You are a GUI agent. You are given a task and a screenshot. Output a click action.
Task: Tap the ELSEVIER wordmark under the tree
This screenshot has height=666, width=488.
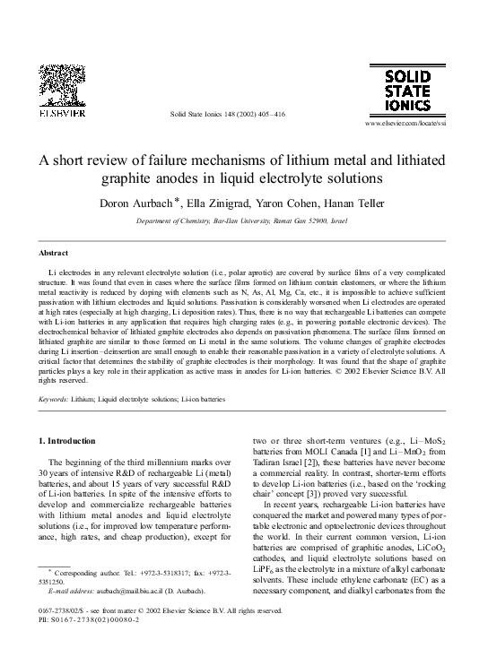point(60,115)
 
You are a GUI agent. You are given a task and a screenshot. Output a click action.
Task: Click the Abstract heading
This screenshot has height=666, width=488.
point(56,253)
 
